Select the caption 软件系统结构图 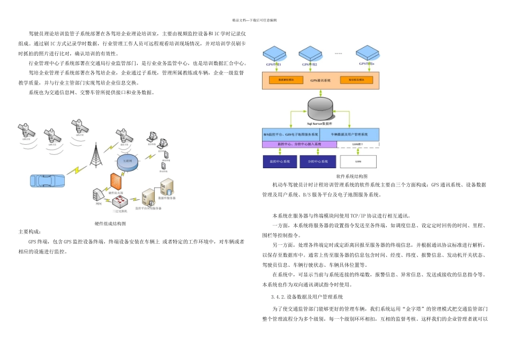(351, 176)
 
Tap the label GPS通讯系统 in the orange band (320, 80)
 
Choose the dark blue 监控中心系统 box (280, 161)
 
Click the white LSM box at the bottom (358, 161)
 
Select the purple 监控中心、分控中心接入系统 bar (299, 145)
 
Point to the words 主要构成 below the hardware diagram (29, 232)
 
